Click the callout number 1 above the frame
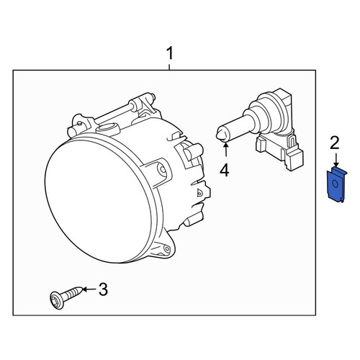[170, 53]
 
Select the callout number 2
[335, 143]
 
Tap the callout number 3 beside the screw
[103, 289]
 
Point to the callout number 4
[225, 171]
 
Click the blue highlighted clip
[337, 184]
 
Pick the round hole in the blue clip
[336, 184]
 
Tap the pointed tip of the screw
[82, 289]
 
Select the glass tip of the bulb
[221, 135]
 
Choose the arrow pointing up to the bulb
[225, 150]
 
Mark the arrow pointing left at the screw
[90, 289]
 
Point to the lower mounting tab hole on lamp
[166, 248]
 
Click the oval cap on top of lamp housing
[108, 128]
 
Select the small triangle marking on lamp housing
[199, 193]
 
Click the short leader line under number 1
[169, 67]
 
